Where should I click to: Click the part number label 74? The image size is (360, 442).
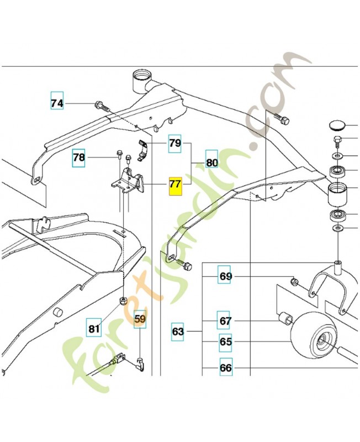coord(57,103)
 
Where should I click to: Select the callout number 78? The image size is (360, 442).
coord(79,158)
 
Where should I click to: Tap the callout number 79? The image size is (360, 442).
coord(175,144)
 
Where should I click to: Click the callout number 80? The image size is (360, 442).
coord(212,162)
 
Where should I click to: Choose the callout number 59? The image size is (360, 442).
coord(140,319)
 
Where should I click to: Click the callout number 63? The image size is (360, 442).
coord(178,332)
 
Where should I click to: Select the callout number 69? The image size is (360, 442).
coord(225,276)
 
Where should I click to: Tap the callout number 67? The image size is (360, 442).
coord(225,321)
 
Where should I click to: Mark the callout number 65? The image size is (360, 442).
coord(225,342)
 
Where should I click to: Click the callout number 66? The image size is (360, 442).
coord(225,367)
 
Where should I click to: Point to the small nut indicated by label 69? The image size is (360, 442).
coord(295,282)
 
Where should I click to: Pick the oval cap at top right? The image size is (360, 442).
coord(338,124)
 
